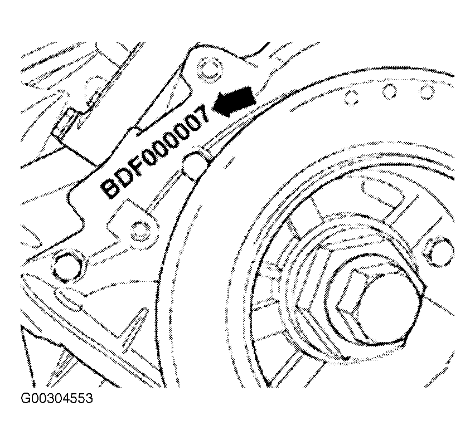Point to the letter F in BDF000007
point(138,167)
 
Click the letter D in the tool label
point(124,178)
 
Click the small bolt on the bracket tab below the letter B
point(138,230)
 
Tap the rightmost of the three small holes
point(426,90)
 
